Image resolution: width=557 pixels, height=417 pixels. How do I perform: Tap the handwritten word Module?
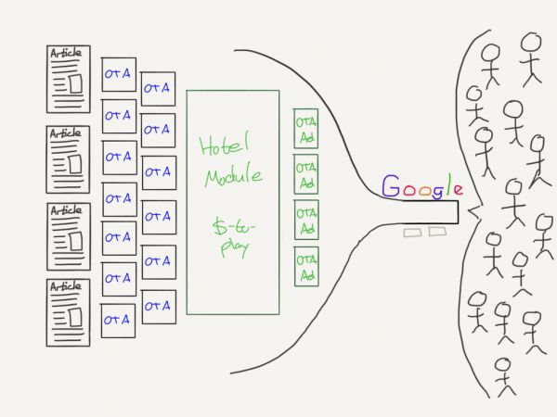point(232,175)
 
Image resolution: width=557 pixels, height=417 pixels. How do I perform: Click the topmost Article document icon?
point(68,78)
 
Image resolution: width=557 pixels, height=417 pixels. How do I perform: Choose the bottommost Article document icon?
point(68,312)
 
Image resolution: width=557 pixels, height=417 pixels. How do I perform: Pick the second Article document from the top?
point(68,157)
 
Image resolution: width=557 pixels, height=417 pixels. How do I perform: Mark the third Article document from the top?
point(68,234)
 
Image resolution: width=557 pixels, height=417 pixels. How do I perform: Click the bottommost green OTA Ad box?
point(306,266)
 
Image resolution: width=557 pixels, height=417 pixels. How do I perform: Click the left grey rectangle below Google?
point(411,233)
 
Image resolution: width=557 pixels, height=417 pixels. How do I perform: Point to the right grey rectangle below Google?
point(435,233)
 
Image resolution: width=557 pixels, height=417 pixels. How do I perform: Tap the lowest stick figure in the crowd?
point(504,375)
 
